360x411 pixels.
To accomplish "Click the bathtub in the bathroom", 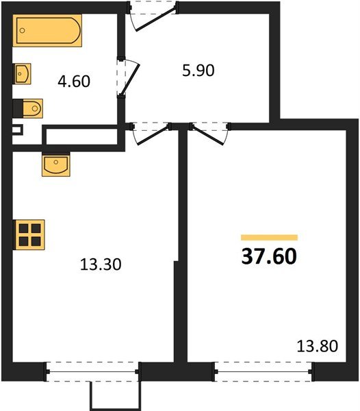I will (x=49, y=32).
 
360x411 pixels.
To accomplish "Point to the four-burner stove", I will (x=29, y=234).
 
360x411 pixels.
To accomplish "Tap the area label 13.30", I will (x=101, y=264).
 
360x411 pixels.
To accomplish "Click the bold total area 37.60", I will (x=269, y=256).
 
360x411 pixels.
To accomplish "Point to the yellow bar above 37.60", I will (x=269, y=236).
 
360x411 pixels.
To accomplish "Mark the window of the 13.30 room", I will (x=93, y=372).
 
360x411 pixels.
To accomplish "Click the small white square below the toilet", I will (x=18, y=128).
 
